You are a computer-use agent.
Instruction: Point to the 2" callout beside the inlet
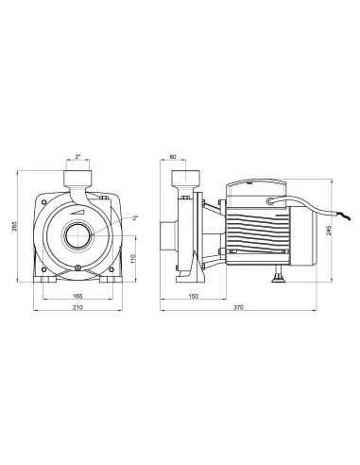135,219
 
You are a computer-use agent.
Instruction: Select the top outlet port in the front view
77,179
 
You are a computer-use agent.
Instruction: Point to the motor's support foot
281,276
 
